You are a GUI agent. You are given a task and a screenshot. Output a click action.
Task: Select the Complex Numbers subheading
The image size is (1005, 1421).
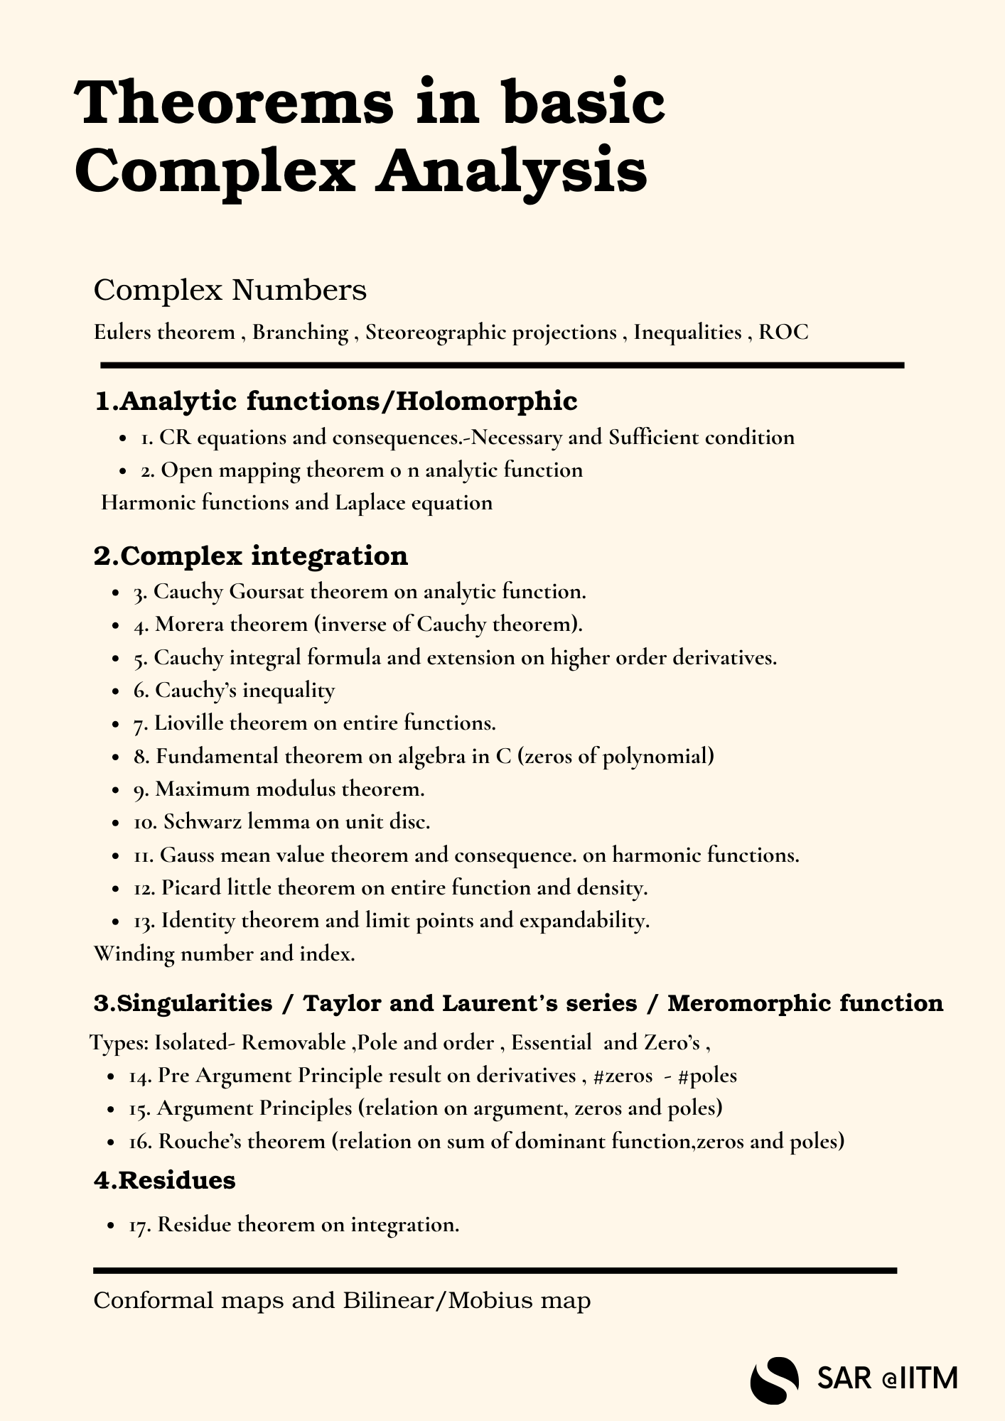point(230,290)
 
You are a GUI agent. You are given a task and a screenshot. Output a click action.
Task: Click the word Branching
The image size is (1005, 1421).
point(300,332)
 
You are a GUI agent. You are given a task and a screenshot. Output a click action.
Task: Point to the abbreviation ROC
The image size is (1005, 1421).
point(783,332)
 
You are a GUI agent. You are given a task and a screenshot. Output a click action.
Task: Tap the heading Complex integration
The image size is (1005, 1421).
point(251,556)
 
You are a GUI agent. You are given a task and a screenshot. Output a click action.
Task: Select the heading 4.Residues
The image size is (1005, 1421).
point(165,1180)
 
